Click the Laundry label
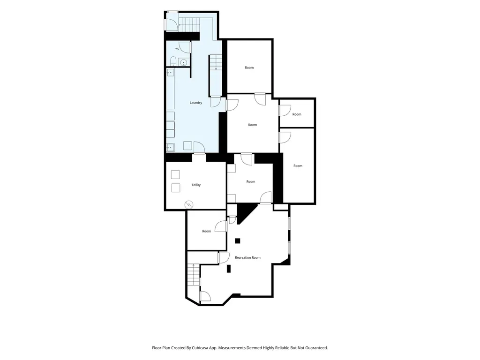(196, 103)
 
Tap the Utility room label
(196, 185)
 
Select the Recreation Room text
(247, 258)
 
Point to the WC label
(177, 49)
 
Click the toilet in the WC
(173, 61)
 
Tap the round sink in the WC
(184, 63)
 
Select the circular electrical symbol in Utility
(189, 205)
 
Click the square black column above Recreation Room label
(238, 241)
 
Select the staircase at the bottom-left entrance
(194, 275)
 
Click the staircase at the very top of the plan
(188, 24)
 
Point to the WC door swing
(185, 47)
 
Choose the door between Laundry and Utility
(199, 148)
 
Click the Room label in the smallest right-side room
(297, 114)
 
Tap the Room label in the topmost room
(249, 67)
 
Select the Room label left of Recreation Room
(207, 232)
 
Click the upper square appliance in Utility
(175, 174)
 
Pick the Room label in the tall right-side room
(298, 166)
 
